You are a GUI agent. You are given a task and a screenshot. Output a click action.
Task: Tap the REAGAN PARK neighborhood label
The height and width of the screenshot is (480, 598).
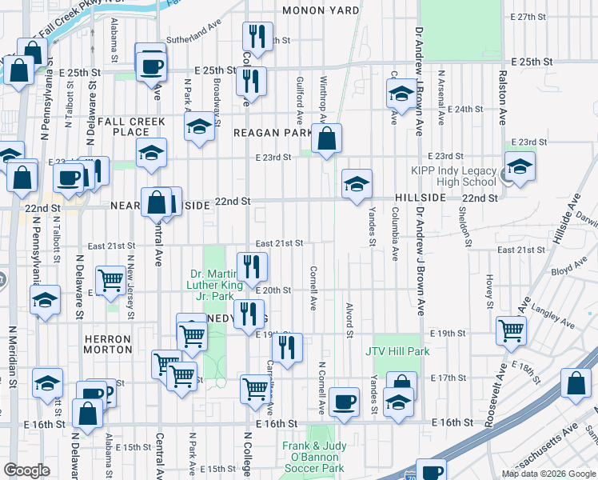click(x=272, y=133)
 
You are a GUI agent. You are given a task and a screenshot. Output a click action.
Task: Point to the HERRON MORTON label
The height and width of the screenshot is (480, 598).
click(x=108, y=344)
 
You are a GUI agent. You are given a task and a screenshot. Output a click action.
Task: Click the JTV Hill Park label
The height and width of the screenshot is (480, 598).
click(x=397, y=351)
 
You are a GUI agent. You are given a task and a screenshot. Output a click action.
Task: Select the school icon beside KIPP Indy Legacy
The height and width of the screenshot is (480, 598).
click(x=520, y=168)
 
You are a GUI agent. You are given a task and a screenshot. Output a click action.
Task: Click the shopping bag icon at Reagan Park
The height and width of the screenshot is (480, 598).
click(x=326, y=139)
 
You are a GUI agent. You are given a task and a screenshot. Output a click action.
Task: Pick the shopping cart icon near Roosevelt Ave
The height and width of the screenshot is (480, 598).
click(x=511, y=330)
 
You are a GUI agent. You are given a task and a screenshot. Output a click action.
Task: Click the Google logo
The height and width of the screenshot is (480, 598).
click(x=26, y=470)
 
